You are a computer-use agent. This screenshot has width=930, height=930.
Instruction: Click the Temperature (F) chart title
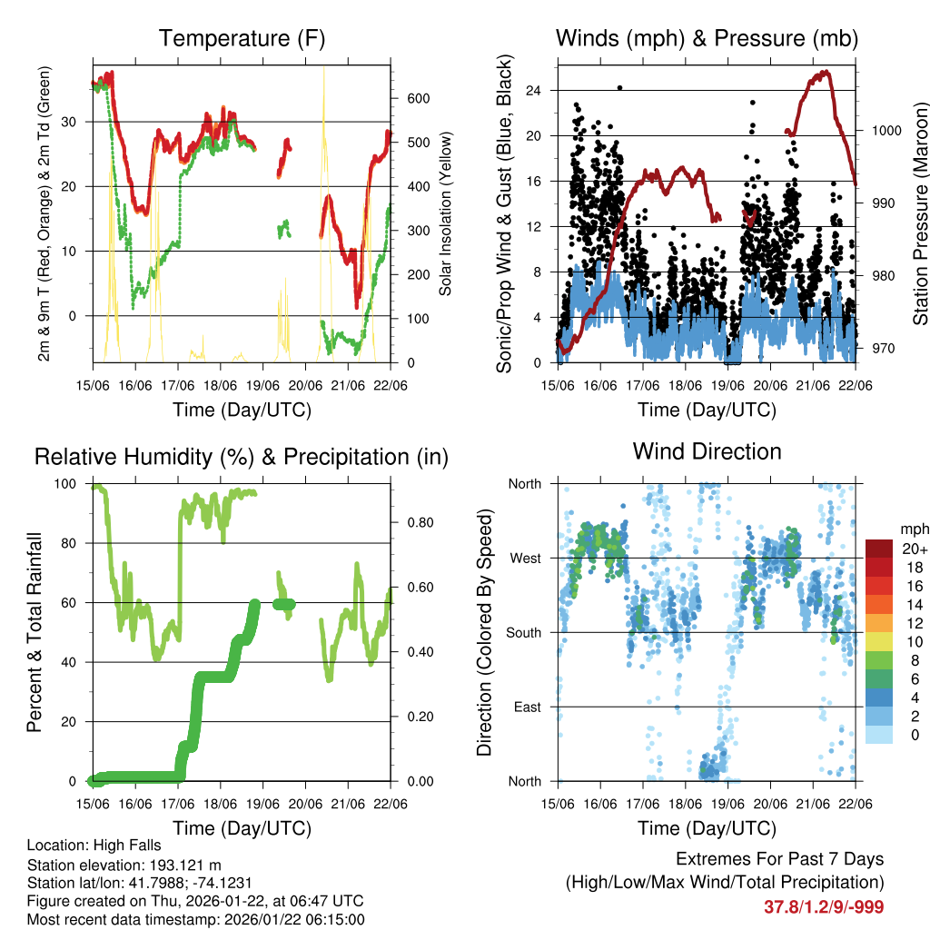pyautogui.click(x=242, y=39)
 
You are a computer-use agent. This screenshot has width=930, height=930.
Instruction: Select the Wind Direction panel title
pyautogui.click(x=707, y=451)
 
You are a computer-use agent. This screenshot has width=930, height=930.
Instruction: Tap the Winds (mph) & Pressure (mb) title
pyautogui.click(x=707, y=39)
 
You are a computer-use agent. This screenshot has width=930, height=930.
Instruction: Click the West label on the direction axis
pyautogui.click(x=525, y=558)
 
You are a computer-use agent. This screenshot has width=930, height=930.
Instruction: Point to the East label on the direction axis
pyautogui.click(x=527, y=707)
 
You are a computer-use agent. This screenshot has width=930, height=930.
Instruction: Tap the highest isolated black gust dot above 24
pyautogui.click(x=619, y=87)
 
